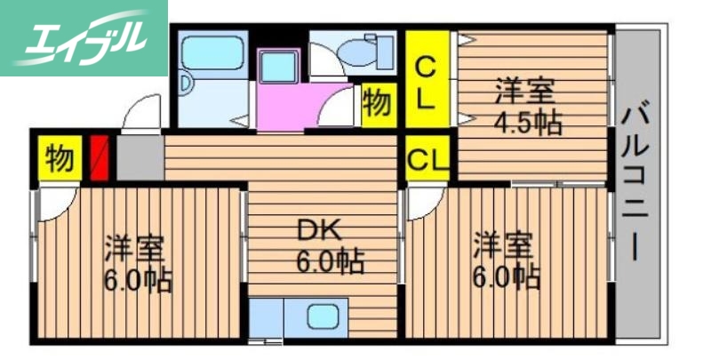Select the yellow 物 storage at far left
pyautogui.click(x=59, y=159)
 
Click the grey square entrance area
pyautogui.click(x=140, y=158)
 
